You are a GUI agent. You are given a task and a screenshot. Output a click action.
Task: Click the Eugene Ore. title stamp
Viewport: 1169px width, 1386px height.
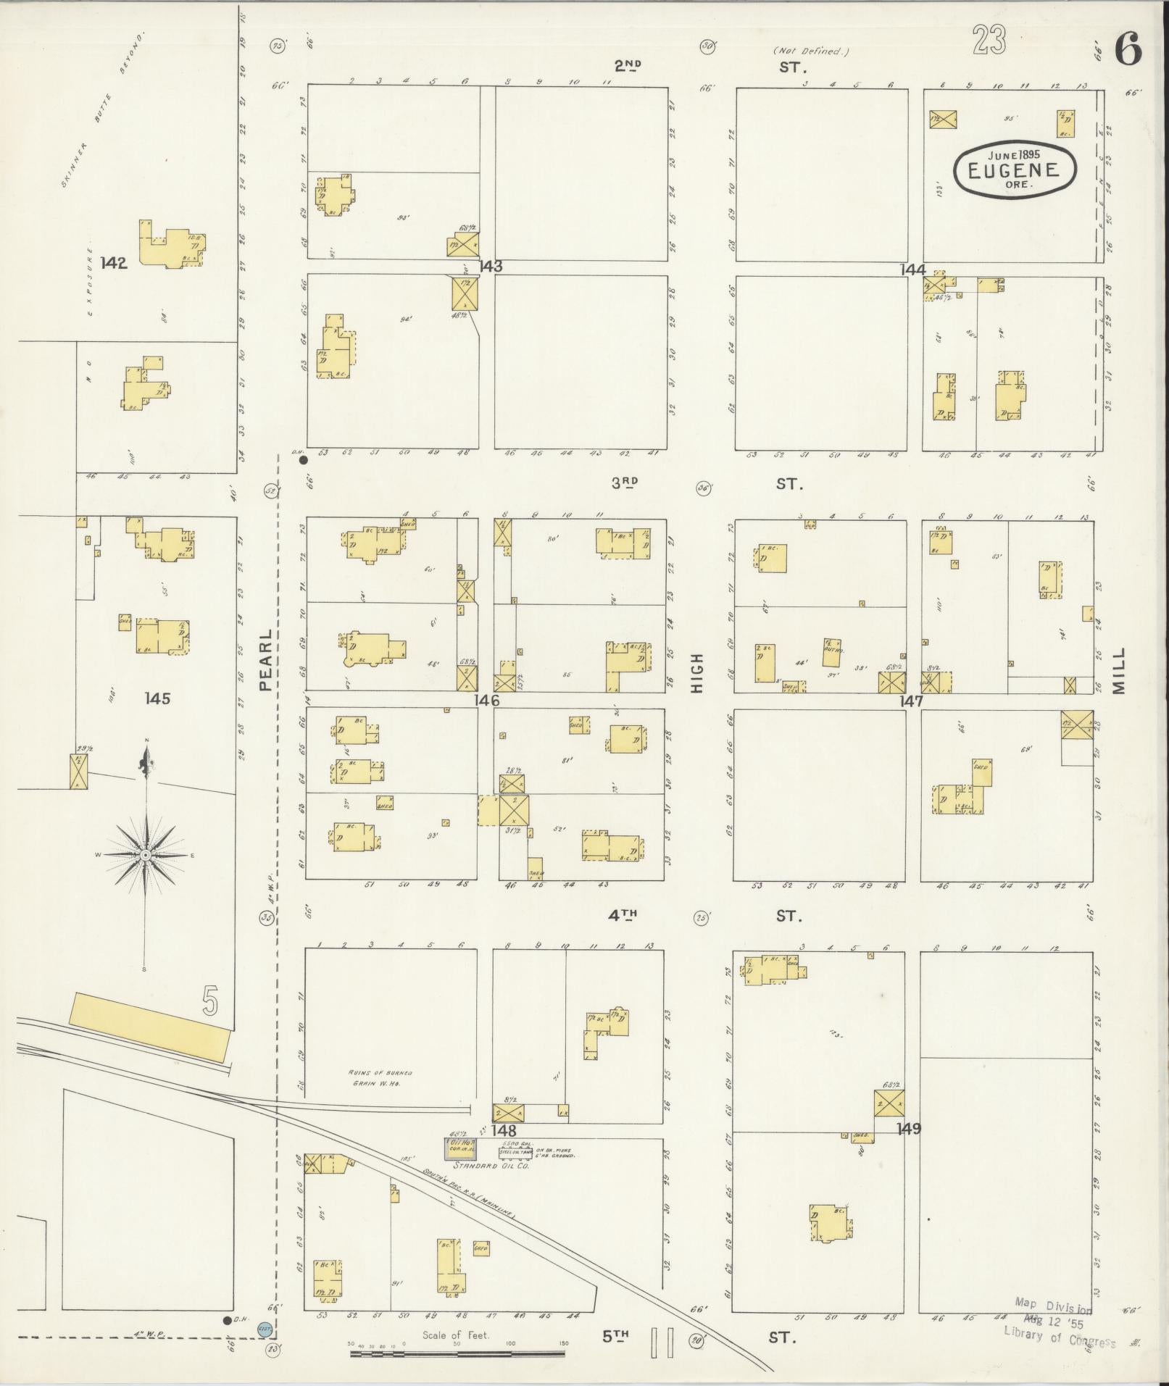pos(1014,169)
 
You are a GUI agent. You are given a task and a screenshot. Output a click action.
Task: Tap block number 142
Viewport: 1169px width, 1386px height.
pos(115,263)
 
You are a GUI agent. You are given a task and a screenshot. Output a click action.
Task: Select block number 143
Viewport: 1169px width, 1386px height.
pos(490,267)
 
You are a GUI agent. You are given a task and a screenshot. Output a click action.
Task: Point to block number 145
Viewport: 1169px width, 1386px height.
pos(157,698)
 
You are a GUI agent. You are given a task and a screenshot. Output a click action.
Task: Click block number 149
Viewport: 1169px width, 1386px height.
pos(908,1129)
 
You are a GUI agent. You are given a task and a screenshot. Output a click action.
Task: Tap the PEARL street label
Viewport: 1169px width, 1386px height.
pos(265,659)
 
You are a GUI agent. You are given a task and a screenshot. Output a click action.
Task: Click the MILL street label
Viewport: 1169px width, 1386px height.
pos(1119,671)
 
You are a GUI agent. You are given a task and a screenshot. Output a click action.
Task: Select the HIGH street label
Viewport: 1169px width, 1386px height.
pos(697,672)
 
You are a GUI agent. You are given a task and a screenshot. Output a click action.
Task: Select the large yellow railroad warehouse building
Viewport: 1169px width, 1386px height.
pos(150,1027)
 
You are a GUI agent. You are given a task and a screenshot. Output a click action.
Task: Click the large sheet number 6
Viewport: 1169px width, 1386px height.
pos(1128,50)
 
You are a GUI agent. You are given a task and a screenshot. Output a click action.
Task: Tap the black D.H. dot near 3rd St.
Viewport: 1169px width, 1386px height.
pos(304,459)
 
